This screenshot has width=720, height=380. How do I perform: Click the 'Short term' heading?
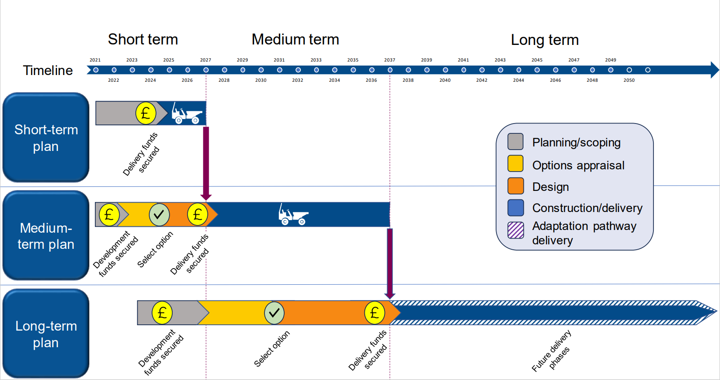143,40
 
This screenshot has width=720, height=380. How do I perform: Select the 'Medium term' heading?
295,40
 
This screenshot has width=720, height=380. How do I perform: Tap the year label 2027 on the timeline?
206,60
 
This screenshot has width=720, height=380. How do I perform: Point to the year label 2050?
629,80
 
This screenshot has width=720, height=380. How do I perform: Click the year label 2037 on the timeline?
389,60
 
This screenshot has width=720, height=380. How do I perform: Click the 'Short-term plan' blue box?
46,137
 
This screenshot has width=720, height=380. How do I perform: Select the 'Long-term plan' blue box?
46,334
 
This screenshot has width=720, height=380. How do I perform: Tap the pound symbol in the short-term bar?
146,113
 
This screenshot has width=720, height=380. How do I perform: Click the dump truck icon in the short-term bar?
186,114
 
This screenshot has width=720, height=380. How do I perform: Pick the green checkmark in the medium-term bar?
159,215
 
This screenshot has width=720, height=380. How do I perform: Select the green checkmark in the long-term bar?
274,313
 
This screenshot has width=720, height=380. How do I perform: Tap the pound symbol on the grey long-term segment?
162,313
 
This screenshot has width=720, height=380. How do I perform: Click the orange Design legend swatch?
515,186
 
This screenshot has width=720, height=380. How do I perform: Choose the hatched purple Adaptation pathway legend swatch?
515,230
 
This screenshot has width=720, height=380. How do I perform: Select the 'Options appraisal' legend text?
578,165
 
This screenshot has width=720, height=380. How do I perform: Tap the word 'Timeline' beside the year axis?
48,71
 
